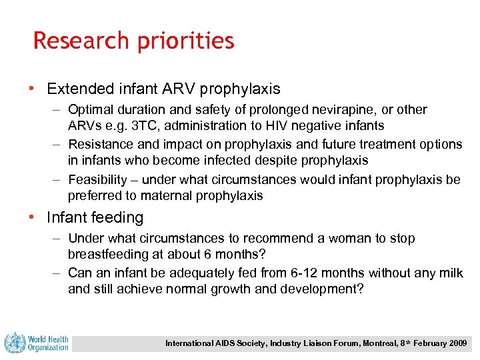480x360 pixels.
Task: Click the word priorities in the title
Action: (x=185, y=42)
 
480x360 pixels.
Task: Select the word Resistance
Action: (x=100, y=144)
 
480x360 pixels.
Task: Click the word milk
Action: (x=450, y=273)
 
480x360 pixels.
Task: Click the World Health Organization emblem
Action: (x=15, y=343)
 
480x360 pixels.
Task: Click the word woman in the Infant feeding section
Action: (x=347, y=238)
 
